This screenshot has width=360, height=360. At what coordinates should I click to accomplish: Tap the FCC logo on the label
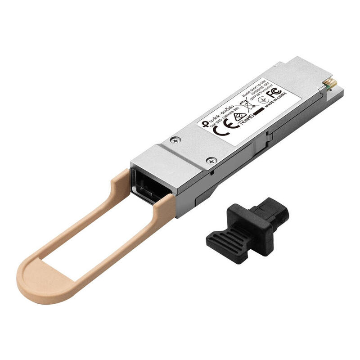(x=275, y=94)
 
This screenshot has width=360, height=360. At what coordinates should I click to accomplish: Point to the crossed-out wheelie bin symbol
(x=246, y=107)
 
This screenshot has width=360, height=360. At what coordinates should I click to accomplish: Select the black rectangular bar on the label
(x=260, y=111)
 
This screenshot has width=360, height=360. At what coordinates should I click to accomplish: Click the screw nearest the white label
(x=174, y=141)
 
